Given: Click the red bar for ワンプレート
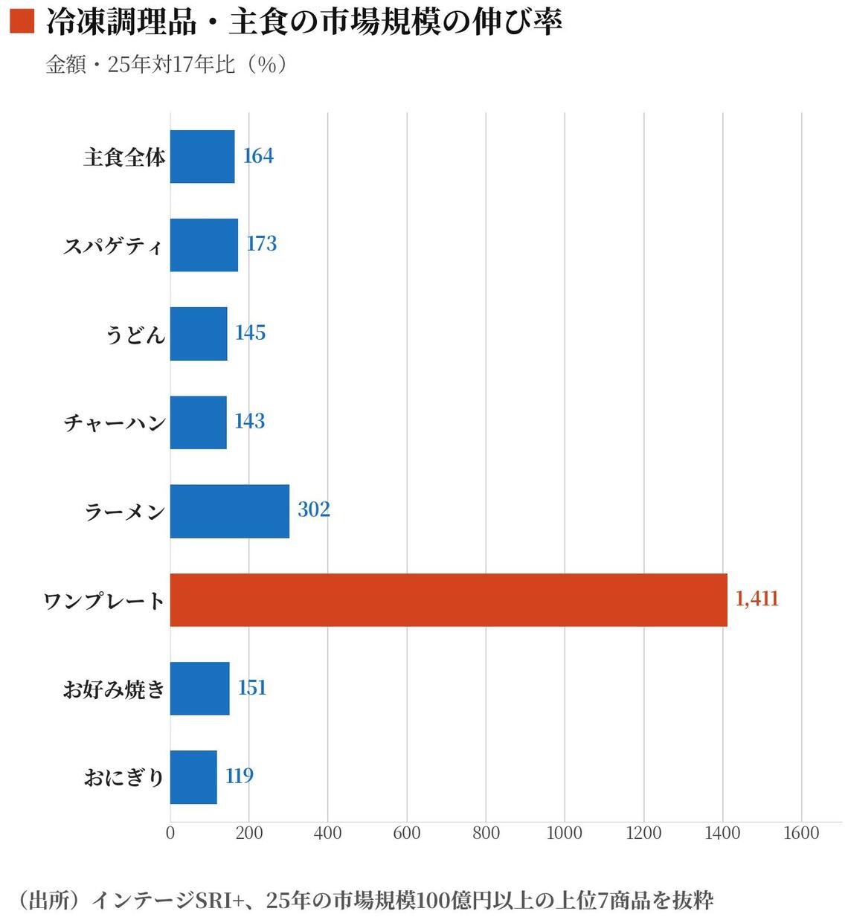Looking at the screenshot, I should [449, 599].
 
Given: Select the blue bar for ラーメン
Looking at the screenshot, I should [229, 511].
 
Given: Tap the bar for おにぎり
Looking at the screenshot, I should [193, 776].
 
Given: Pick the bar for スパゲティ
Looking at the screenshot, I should [204, 245].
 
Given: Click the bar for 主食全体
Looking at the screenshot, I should [202, 156].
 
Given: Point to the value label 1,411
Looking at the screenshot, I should [757, 599].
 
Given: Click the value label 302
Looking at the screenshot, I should [313, 509].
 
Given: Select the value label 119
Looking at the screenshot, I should [240, 776].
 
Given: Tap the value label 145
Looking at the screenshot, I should [250, 332].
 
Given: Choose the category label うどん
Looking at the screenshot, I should [135, 334].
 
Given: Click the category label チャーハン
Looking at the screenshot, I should [115, 422].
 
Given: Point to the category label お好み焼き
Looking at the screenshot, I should [114, 689].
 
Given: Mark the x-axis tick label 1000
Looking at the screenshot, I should [565, 833].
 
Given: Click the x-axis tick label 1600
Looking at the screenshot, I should [801, 833].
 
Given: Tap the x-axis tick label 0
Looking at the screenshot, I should [170, 833].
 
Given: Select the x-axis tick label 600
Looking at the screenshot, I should [407, 833].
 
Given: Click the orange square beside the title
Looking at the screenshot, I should [22, 21].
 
